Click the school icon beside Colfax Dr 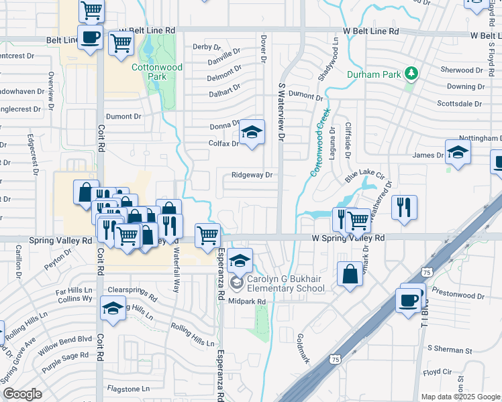point(252,132)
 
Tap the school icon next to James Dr point(458,152)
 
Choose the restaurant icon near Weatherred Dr point(404,206)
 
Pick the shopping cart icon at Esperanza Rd point(208,235)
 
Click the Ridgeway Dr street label point(252,175)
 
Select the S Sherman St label point(450,350)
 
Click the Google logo point(22,394)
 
